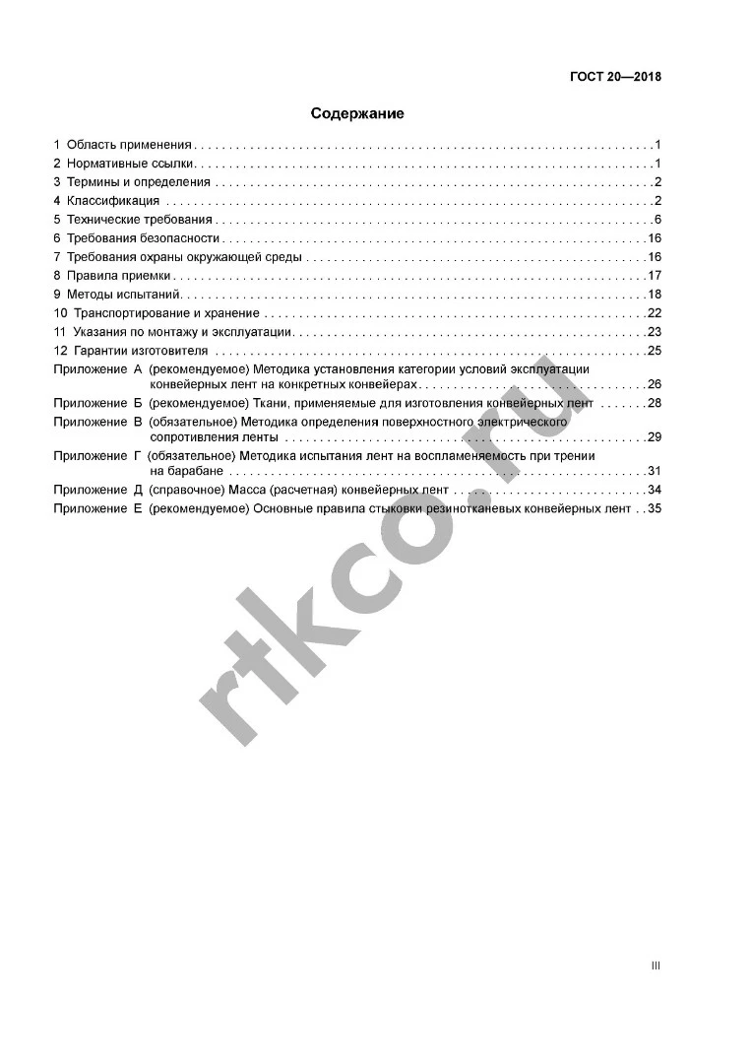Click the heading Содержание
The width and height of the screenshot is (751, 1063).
coord(357,113)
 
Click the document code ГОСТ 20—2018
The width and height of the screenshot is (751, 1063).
coord(615,77)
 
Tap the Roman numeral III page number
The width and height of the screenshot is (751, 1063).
coord(656,965)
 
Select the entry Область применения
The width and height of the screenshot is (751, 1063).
coord(129,145)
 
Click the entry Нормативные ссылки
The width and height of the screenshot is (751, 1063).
coord(131,164)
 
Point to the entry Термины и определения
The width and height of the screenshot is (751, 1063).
coord(138,182)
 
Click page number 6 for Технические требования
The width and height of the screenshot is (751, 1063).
coord(657,220)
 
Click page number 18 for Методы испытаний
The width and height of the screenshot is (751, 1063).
coord(654,295)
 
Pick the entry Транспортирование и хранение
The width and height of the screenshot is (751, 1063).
coord(166,313)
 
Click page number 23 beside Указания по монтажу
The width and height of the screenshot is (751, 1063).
coord(654,332)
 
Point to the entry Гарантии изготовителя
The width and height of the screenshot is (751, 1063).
coord(142,351)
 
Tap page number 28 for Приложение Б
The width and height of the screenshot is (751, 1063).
coord(654,403)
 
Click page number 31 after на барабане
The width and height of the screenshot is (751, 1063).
coord(654,471)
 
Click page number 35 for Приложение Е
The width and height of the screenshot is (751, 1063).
coord(654,508)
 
